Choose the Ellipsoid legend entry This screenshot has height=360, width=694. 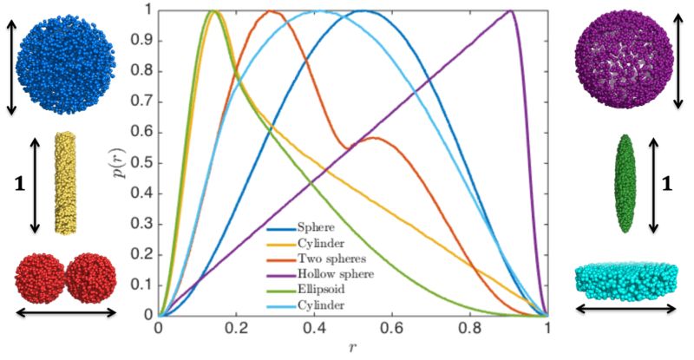[x=296, y=290]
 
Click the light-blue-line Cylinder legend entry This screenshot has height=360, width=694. [x=295, y=306]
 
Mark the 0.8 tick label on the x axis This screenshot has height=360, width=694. [x=470, y=331]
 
